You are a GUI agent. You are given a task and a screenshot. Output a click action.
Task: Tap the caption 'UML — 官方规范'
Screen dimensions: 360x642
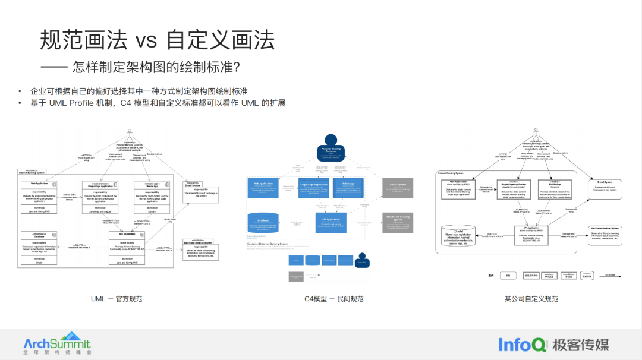point(116,299)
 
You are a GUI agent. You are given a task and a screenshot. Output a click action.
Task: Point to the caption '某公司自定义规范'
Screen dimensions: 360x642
point(531,299)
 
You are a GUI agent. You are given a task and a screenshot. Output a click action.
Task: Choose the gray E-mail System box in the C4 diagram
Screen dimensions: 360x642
point(397,188)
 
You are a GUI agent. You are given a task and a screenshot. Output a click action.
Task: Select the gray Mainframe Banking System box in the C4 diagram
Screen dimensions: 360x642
point(397,223)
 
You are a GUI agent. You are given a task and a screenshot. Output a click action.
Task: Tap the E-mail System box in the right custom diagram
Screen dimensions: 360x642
point(606,186)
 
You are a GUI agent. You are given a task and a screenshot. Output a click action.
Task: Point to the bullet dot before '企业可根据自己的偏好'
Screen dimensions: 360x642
point(19,91)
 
